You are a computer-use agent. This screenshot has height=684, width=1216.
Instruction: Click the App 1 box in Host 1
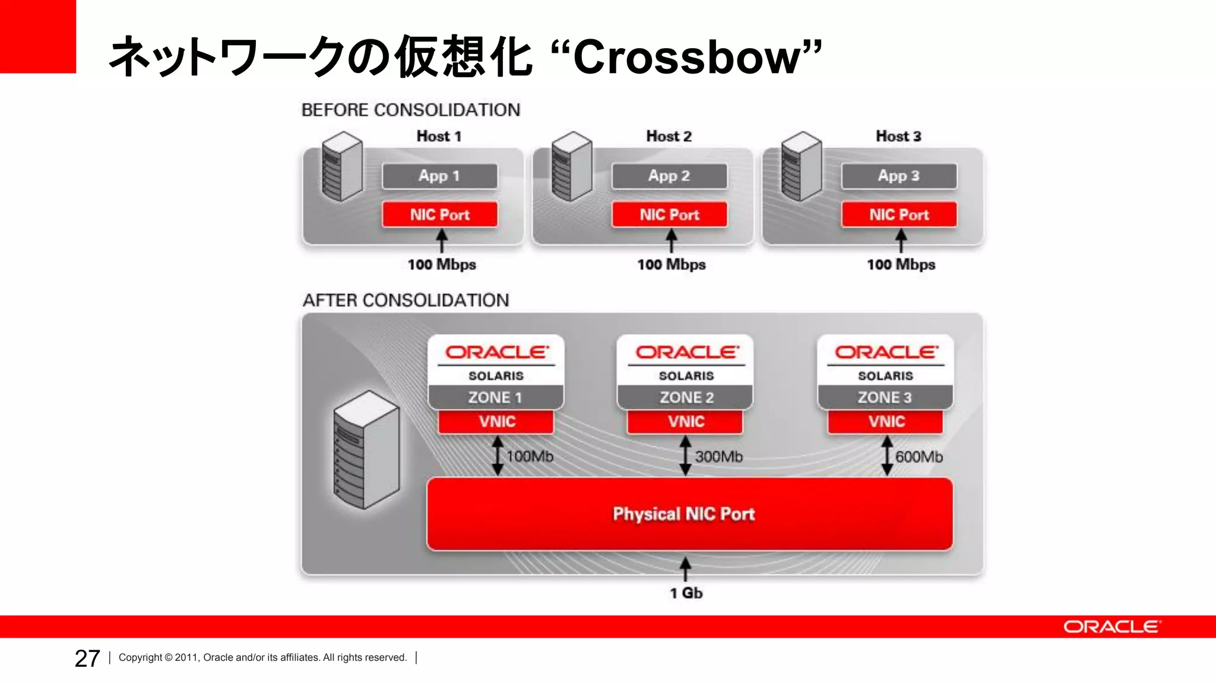click(439, 176)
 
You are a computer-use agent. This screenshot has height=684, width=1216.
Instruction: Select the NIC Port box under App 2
click(669, 214)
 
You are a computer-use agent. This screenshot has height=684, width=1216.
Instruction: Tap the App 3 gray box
click(898, 176)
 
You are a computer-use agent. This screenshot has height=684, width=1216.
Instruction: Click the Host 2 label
click(669, 136)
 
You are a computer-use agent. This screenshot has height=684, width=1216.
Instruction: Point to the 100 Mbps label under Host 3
click(901, 264)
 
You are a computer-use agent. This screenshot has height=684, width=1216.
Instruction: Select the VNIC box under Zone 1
click(496, 422)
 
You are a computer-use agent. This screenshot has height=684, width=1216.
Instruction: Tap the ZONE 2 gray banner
click(686, 397)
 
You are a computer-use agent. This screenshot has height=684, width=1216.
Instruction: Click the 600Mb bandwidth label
click(919, 457)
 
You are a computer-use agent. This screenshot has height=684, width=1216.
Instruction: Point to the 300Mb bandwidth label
click(718, 457)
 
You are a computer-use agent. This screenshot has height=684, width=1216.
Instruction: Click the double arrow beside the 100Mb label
click(498, 455)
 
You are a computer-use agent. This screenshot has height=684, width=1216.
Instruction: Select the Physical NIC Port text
click(683, 514)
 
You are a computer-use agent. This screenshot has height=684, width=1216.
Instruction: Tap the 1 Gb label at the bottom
click(686, 593)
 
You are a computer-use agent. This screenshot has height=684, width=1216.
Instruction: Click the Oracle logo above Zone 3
click(886, 352)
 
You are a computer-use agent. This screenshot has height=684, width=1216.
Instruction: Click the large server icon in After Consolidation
click(366, 449)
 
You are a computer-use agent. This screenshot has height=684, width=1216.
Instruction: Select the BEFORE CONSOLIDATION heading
click(410, 110)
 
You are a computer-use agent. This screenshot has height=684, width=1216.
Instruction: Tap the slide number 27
click(87, 658)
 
